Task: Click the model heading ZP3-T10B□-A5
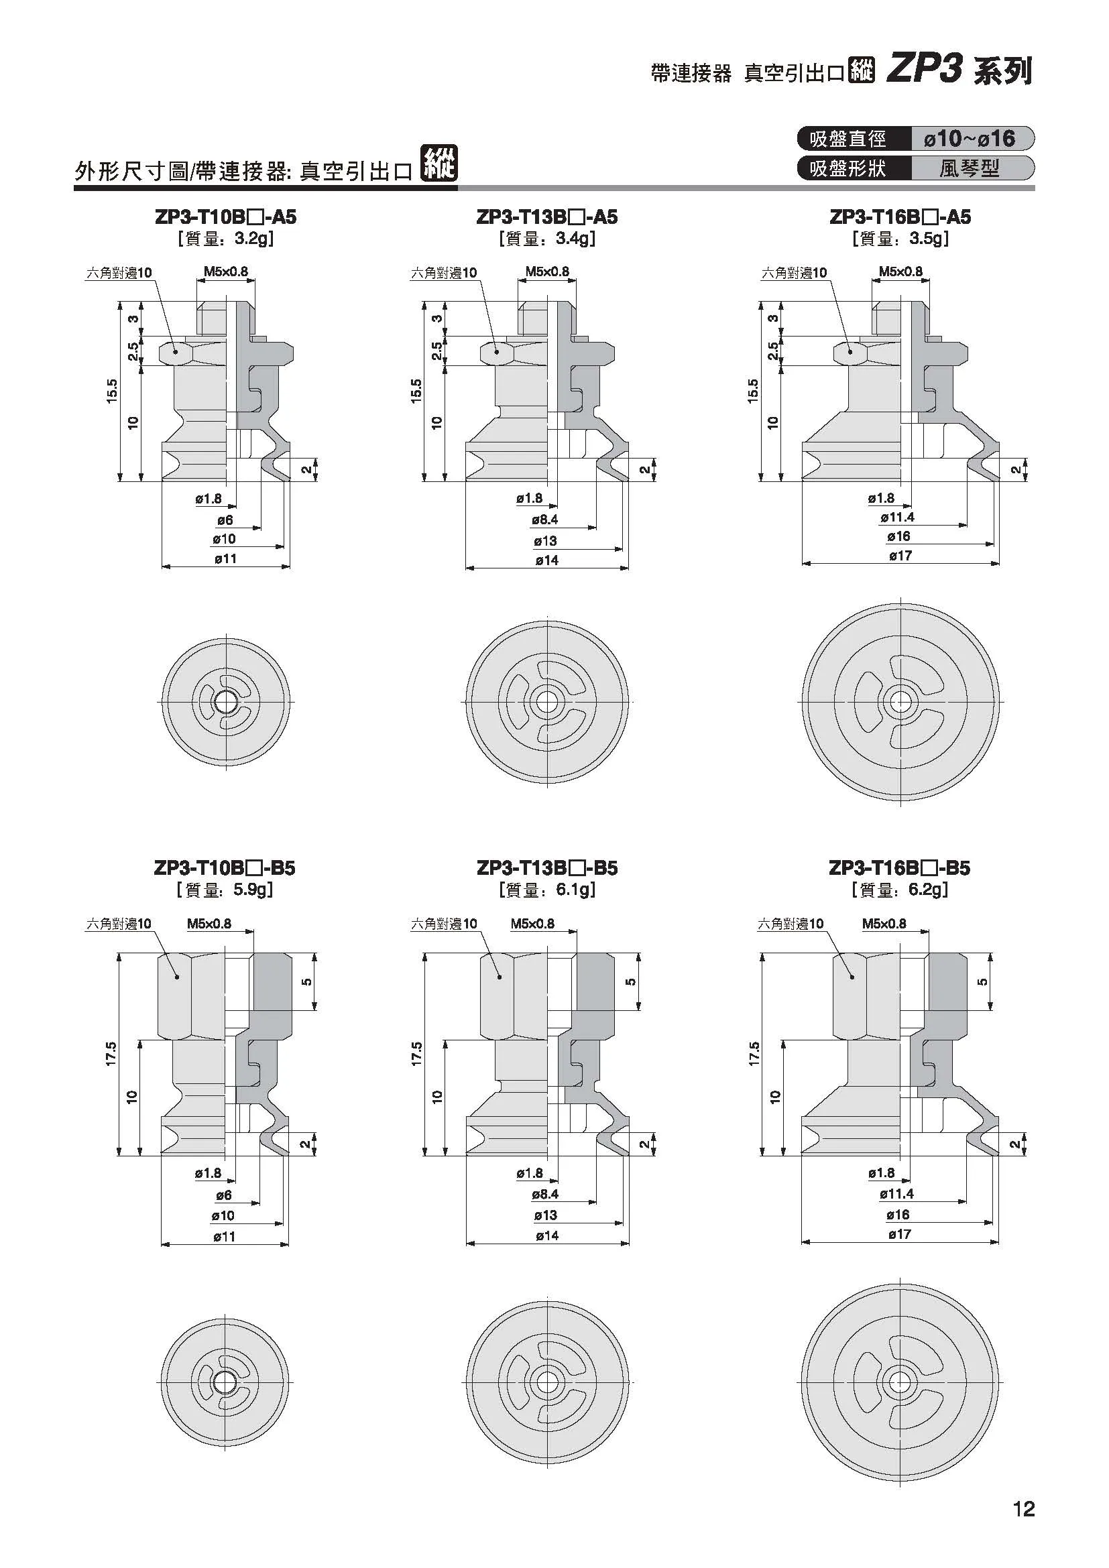pyautogui.click(x=225, y=217)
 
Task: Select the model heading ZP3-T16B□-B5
pyautogui.click(x=899, y=868)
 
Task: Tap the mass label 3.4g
pyautogui.click(x=575, y=239)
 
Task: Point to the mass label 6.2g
pyautogui.click(x=928, y=889)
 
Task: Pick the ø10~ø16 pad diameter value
pyautogui.click(x=969, y=139)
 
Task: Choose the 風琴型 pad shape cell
pyautogui.click(x=969, y=168)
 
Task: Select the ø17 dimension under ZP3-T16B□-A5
pyautogui.click(x=900, y=556)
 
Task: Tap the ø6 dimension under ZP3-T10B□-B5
pyautogui.click(x=224, y=1195)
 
